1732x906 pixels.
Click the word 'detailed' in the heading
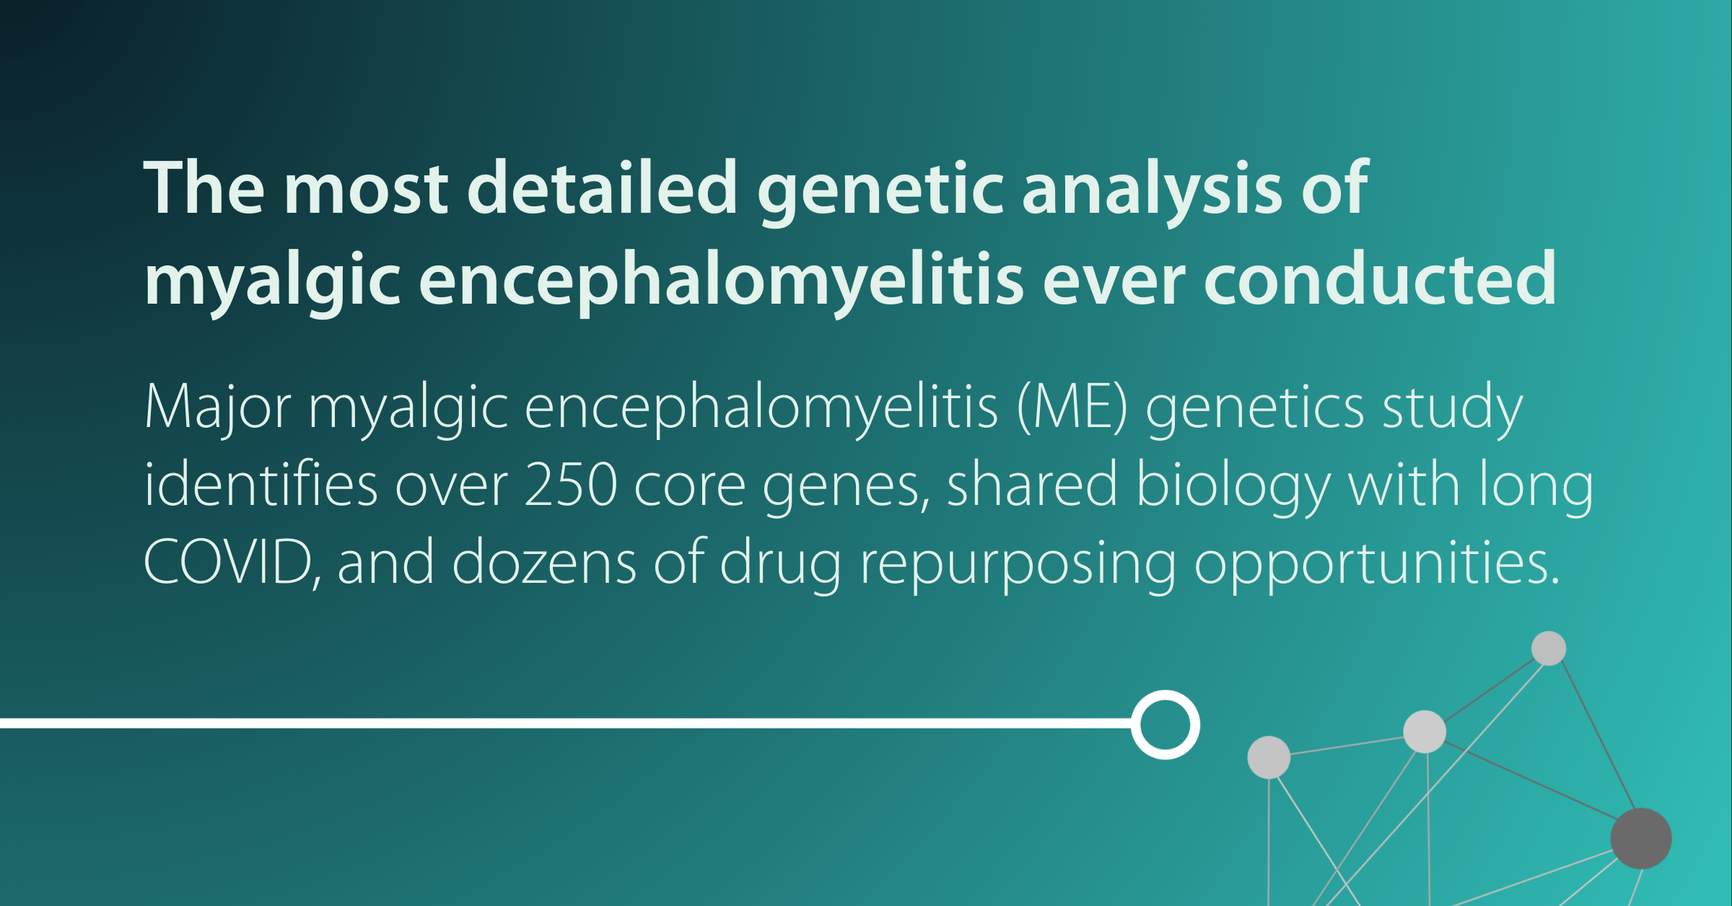(603, 189)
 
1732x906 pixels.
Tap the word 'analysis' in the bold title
(1152, 189)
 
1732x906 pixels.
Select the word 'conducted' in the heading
(1380, 280)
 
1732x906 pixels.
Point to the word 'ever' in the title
(1113, 280)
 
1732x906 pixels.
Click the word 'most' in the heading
(367, 189)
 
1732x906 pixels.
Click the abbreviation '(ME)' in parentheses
(1072, 408)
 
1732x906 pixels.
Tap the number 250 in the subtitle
(570, 485)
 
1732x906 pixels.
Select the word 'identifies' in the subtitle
(261, 485)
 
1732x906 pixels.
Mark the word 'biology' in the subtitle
(1233, 485)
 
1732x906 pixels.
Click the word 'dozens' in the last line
(544, 563)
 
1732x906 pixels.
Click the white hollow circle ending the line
(1165, 724)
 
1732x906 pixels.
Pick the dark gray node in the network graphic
(1641, 838)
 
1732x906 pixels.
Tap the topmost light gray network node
(1549, 648)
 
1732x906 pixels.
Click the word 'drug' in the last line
(781, 563)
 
